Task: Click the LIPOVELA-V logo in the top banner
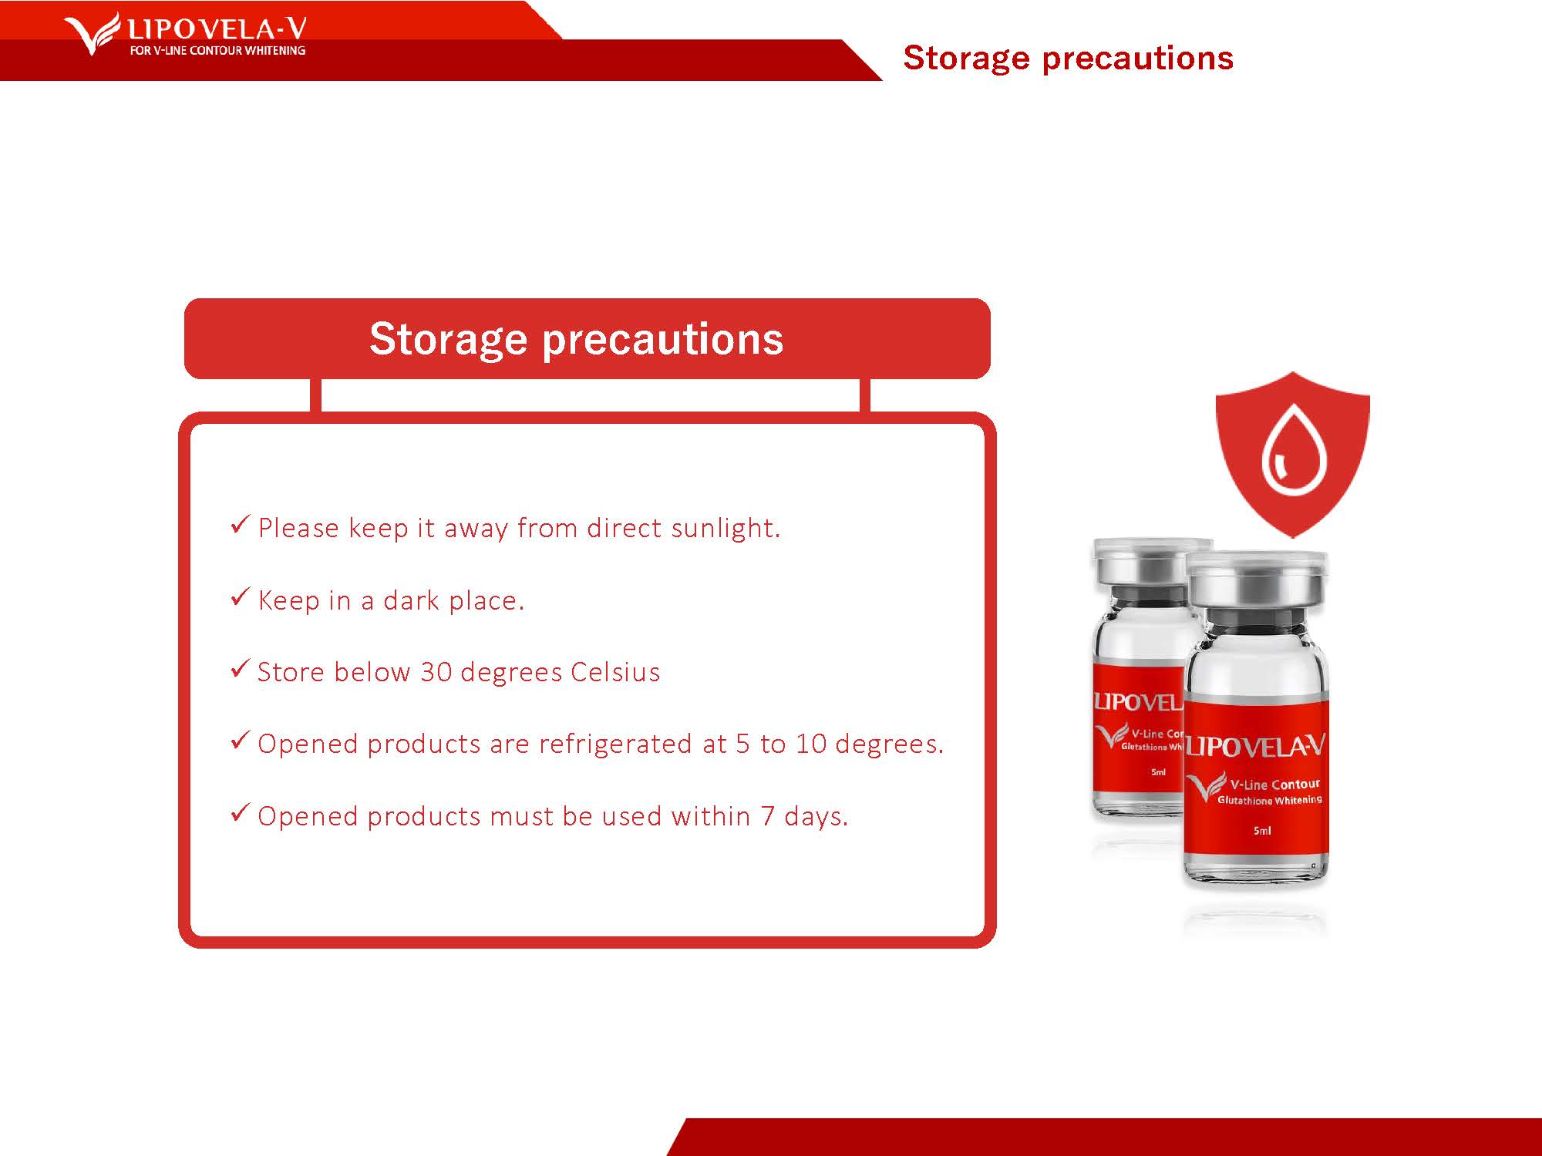pyautogui.click(x=185, y=34)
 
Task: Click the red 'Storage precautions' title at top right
pyautogui.click(x=1068, y=59)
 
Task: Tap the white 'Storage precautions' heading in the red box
pyautogui.click(x=576, y=339)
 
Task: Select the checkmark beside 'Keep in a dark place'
pyautogui.click(x=241, y=596)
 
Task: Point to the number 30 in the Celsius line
pyautogui.click(x=436, y=672)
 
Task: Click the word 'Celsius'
pyautogui.click(x=615, y=672)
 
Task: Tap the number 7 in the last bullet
pyautogui.click(x=767, y=816)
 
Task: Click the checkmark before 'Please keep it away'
pyautogui.click(x=241, y=524)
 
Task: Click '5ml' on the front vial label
pyautogui.click(x=1261, y=831)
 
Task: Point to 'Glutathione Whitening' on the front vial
pyautogui.click(x=1269, y=801)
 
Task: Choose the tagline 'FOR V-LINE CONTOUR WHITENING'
pyautogui.click(x=217, y=51)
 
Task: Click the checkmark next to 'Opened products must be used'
pyautogui.click(x=241, y=812)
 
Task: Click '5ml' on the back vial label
pyautogui.click(x=1158, y=772)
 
